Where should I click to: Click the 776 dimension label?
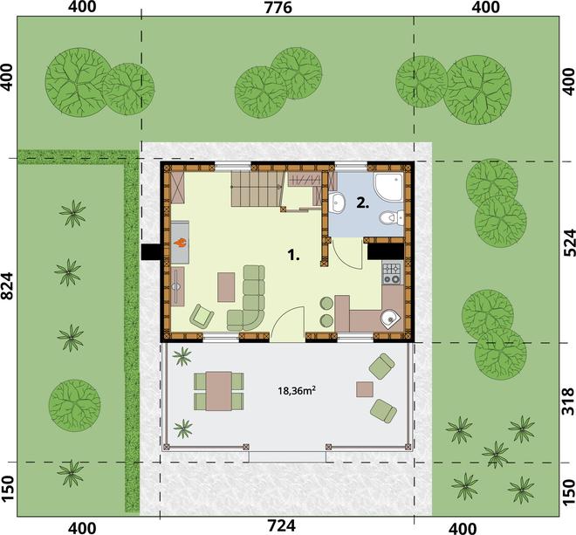click(278, 8)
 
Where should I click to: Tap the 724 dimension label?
click(281, 526)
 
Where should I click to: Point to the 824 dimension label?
click(8, 286)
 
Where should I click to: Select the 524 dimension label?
click(569, 243)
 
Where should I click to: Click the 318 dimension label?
click(569, 401)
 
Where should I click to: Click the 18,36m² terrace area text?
click(297, 391)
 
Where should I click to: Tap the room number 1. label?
click(292, 255)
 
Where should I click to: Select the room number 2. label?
click(362, 202)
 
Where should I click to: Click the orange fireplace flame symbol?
click(181, 243)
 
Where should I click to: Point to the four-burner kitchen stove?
click(393, 274)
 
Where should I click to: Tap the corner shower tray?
click(388, 187)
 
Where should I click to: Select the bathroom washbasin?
click(336, 202)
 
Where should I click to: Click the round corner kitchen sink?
click(390, 319)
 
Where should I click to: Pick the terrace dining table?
click(219, 391)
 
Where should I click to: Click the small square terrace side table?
click(365, 389)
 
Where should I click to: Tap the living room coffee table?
click(226, 287)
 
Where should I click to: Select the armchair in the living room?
click(202, 316)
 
